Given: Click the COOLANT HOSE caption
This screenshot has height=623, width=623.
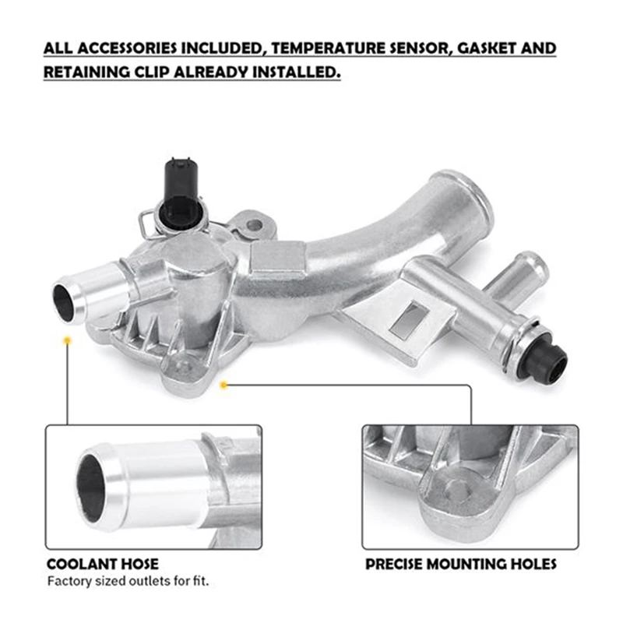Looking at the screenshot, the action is click(x=102, y=563).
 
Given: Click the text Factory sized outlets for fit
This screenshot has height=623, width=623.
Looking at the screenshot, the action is click(x=128, y=581).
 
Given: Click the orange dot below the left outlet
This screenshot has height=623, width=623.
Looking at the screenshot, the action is click(x=69, y=341).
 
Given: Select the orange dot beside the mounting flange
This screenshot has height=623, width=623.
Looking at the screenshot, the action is click(x=224, y=384).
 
